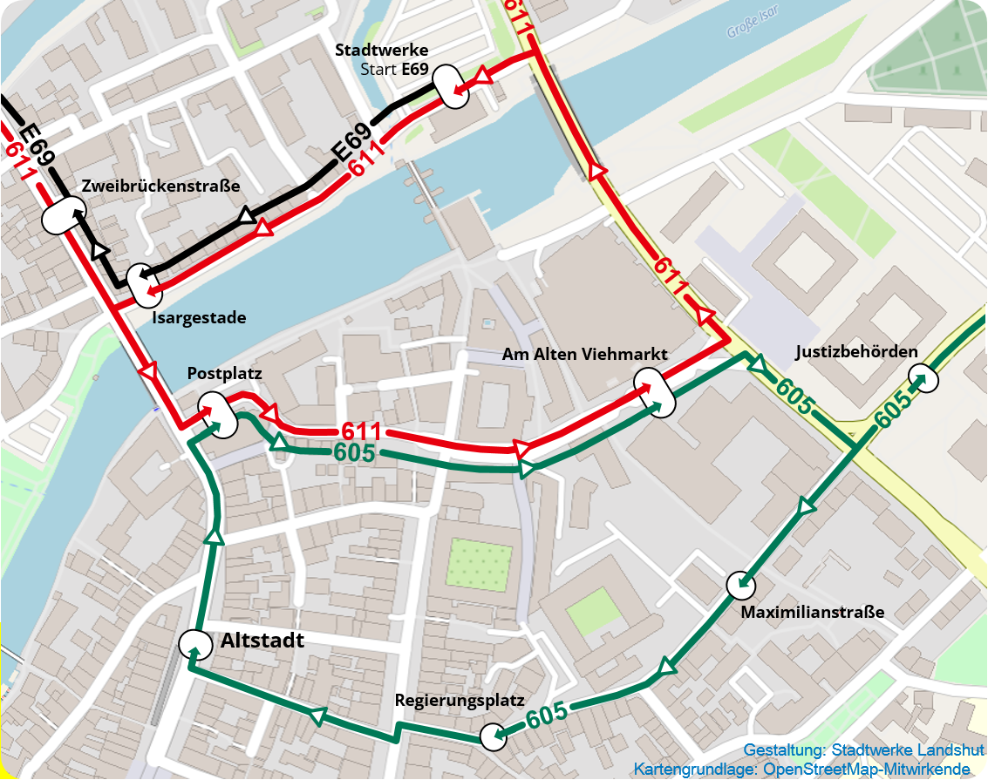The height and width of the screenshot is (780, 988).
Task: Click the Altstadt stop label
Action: pyautogui.click(x=262, y=641)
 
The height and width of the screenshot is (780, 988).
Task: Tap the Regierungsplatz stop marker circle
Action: pyautogui.click(x=494, y=736)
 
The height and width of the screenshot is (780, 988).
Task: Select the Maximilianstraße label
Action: pyautogui.click(x=812, y=612)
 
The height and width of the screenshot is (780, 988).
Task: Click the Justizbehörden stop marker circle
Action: pyautogui.click(x=923, y=378)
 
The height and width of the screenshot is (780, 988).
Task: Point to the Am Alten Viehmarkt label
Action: pyautogui.click(x=584, y=355)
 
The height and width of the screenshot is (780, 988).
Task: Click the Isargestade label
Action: pyautogui.click(x=199, y=318)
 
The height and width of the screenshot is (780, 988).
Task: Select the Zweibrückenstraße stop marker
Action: pyautogui.click(x=64, y=214)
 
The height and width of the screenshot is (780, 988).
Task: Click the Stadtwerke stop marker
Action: pyautogui.click(x=452, y=85)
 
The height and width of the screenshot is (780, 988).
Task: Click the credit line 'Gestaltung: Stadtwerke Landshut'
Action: pyautogui.click(x=863, y=750)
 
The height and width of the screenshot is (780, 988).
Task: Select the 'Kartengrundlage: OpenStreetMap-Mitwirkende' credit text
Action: pyautogui.click(x=801, y=769)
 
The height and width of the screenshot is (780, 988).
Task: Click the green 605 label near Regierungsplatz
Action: pyautogui.click(x=547, y=715)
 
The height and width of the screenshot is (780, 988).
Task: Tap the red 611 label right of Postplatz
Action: pyautogui.click(x=361, y=431)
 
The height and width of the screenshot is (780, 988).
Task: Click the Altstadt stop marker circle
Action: pyautogui.click(x=194, y=645)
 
